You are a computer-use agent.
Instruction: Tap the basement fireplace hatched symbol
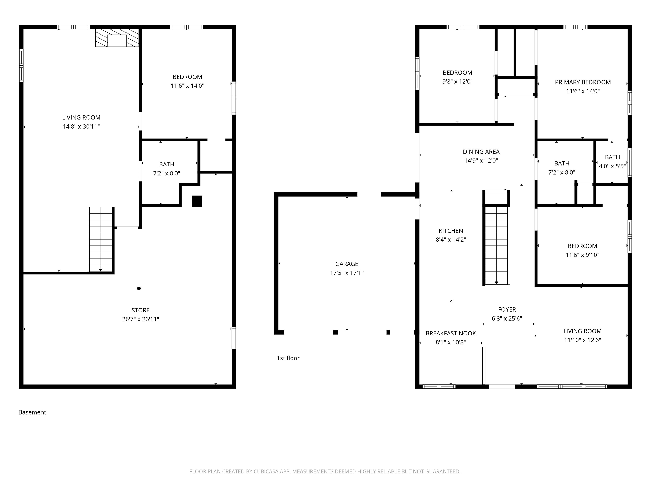point(117,38)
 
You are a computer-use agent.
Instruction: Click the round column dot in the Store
point(139,288)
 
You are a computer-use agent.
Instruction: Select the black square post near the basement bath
point(197,201)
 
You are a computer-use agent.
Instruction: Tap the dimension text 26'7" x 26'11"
point(140,319)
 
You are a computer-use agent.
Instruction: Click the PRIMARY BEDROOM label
point(583,82)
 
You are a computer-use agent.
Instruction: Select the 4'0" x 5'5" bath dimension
point(612,166)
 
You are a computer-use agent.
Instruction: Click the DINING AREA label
point(481,152)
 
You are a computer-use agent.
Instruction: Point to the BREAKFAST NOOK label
point(450,333)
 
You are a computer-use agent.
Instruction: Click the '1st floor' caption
point(288,358)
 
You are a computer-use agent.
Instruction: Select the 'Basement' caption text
point(32,412)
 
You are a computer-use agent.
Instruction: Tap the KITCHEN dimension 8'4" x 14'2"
point(450,240)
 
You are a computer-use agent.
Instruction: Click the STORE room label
point(140,310)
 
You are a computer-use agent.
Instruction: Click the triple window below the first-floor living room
point(572,387)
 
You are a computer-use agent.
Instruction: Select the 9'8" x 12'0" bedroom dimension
point(457,82)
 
